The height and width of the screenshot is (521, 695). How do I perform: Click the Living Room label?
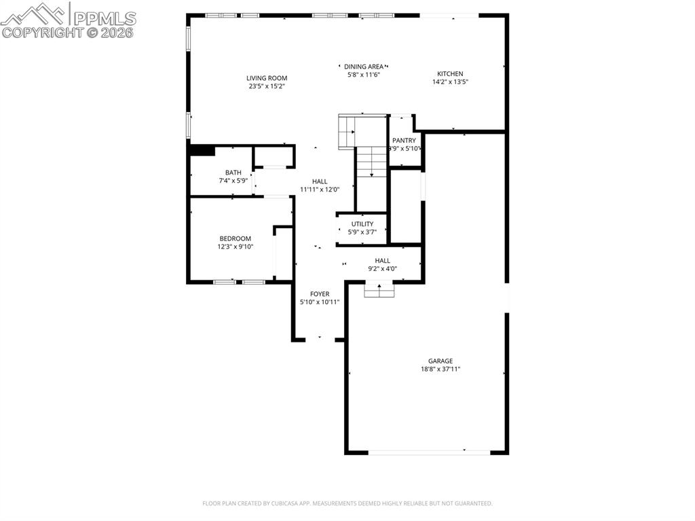[x=267, y=78]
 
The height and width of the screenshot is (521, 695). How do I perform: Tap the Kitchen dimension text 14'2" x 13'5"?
[x=451, y=82]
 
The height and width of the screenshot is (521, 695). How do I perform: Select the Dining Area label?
[x=363, y=67]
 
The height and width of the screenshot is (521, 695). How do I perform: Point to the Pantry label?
[x=404, y=141]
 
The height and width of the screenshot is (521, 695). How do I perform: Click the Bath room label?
[x=233, y=173]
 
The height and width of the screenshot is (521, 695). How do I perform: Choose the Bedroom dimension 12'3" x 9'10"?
[x=235, y=247]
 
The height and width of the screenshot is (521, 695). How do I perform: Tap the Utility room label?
[x=362, y=224]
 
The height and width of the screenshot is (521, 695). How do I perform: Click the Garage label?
[x=440, y=361]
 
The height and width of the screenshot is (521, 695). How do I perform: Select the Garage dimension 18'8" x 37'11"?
[x=440, y=370]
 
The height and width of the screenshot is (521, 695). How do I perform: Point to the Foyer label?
[x=320, y=294]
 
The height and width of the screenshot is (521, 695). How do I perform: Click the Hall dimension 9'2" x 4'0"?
[x=383, y=269]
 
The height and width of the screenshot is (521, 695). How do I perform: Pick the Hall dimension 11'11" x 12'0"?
[x=320, y=190]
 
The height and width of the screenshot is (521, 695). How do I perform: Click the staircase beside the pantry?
[x=371, y=163]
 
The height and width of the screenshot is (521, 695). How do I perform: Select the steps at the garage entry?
[x=379, y=290]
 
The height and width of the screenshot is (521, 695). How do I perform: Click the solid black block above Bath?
[x=202, y=150]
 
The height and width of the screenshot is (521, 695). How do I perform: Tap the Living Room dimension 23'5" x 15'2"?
[x=267, y=86]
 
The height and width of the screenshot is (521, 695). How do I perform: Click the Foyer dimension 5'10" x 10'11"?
[x=320, y=302]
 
